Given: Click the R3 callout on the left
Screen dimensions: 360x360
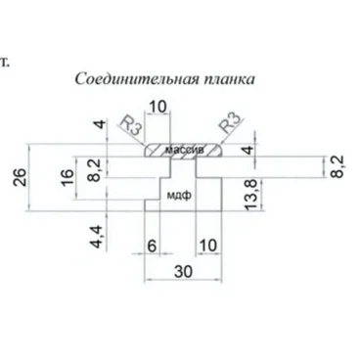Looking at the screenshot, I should tap(127, 128).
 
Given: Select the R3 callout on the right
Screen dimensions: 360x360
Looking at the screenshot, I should tap(228, 126).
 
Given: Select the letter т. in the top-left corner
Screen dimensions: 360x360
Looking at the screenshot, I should tap(7, 61).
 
